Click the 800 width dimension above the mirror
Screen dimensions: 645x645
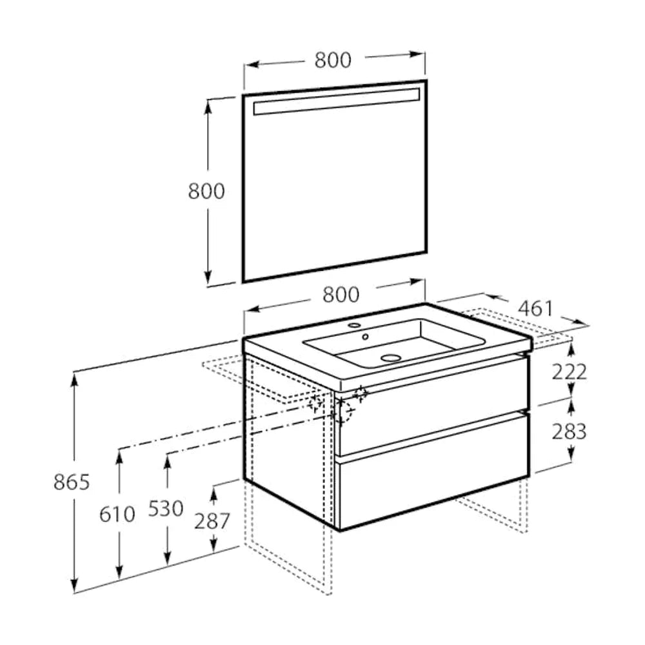pyautogui.click(x=333, y=60)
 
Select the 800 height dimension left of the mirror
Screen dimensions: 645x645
pyautogui.click(x=206, y=191)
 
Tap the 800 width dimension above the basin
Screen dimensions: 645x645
pyautogui.click(x=341, y=295)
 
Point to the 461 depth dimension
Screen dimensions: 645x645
pyautogui.click(x=536, y=308)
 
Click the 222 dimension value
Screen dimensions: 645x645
pyautogui.click(x=569, y=372)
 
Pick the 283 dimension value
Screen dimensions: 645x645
pyautogui.click(x=569, y=432)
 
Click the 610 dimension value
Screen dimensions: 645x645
pyautogui.click(x=117, y=514)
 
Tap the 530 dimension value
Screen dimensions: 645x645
pyautogui.click(x=165, y=508)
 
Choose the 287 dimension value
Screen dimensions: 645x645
pyautogui.click(x=212, y=522)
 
